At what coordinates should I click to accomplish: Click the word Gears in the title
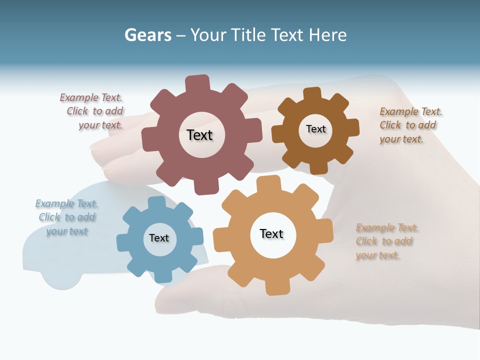[148, 35]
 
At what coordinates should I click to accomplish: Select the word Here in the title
[327, 35]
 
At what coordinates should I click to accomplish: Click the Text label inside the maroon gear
[199, 135]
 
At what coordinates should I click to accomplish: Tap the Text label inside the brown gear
[315, 129]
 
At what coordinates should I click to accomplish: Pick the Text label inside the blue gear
[159, 238]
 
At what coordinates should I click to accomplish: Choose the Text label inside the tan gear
[271, 233]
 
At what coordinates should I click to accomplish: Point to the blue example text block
[66, 217]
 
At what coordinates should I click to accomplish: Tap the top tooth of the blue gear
[156, 202]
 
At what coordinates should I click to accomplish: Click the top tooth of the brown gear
[311, 94]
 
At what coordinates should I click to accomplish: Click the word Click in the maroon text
[77, 111]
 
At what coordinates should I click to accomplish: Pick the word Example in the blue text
[51, 203]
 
